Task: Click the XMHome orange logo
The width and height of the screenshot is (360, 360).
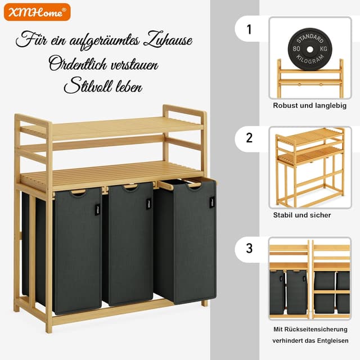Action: pyautogui.click(x=37, y=12)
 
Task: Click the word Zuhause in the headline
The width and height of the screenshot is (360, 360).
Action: pyautogui.click(x=168, y=39)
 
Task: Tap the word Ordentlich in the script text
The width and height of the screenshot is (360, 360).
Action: pyautogui.click(x=78, y=64)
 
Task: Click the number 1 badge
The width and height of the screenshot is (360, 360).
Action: pyautogui.click(x=249, y=29)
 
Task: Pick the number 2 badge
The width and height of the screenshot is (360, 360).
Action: pyautogui.click(x=249, y=138)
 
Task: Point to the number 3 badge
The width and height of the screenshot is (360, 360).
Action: pyautogui.click(x=249, y=248)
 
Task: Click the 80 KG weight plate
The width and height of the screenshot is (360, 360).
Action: pyautogui.click(x=310, y=49)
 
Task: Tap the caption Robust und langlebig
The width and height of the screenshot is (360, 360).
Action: pyautogui.click(x=310, y=106)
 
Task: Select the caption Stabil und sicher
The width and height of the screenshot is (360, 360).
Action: pyautogui.click(x=302, y=215)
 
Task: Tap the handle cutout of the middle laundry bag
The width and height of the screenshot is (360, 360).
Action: pyautogui.click(x=130, y=187)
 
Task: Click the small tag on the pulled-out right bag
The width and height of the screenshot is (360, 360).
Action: pyautogui.click(x=212, y=202)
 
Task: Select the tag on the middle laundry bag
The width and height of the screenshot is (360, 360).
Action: pyautogui.click(x=149, y=204)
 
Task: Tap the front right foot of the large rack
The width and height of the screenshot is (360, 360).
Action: pyautogui.click(x=204, y=303)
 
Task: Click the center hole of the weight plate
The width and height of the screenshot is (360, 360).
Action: pyautogui.click(x=310, y=49)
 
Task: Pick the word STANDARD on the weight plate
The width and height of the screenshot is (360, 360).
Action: pyautogui.click(x=310, y=39)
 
